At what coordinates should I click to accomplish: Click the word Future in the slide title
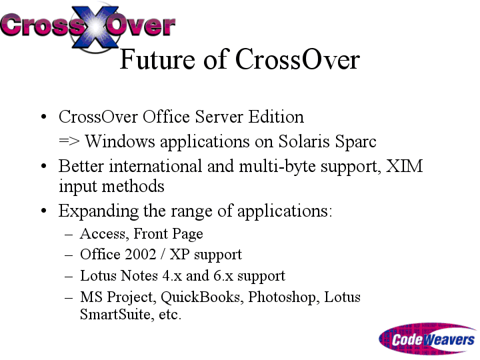pos(157,59)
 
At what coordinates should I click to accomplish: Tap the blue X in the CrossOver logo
pos(95,27)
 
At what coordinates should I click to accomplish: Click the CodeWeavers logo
pos(427,339)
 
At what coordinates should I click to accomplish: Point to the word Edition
pos(276,117)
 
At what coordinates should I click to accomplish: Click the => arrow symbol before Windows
pos(69,141)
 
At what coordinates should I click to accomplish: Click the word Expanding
pos(98,211)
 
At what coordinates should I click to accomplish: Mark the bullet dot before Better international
pos(43,166)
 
